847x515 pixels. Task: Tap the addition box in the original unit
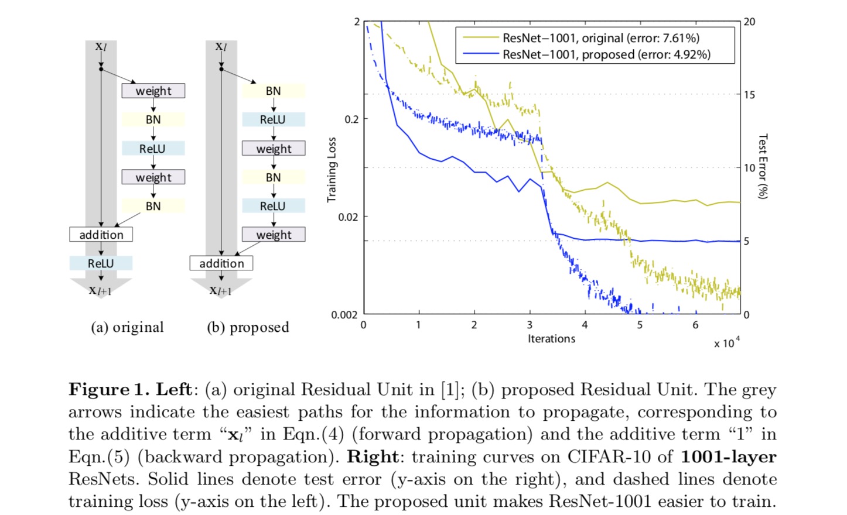coord(101,235)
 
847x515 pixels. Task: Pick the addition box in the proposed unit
coord(221,263)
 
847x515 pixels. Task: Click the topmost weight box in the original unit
coord(153,91)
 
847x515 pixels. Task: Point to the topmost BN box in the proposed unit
coord(273,91)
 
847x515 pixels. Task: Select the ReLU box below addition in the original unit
coord(101,263)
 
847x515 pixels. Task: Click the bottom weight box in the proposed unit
coord(274,235)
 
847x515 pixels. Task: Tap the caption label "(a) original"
coord(127,327)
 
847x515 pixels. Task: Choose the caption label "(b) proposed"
coord(248,327)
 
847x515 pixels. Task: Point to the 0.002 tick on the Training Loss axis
coord(344,315)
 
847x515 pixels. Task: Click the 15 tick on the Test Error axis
coord(749,95)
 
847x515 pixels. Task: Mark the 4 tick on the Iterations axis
coord(585,325)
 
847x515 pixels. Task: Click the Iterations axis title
coord(551,339)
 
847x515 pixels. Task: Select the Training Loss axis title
coord(332,170)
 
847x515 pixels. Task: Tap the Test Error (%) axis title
coord(763,166)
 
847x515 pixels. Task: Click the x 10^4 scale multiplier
coord(726,343)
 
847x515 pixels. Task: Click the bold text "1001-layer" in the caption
coord(728,457)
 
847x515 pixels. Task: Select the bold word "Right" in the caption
coord(371,457)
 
